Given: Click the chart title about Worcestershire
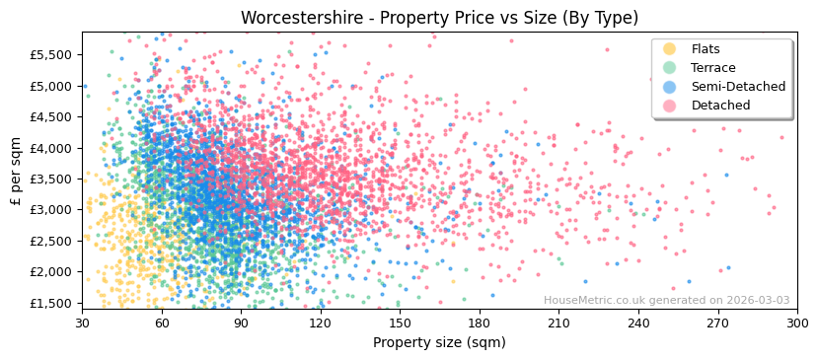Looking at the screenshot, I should pos(439,18).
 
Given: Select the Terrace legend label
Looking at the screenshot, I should pos(713,68).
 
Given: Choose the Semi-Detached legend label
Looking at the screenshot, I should pos(738,87).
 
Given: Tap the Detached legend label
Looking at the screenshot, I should pos(719,106).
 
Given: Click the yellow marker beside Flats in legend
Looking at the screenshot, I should pos(670,49).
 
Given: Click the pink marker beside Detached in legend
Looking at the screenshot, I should pos(670,106).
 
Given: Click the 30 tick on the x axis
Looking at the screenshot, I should pos(83,323).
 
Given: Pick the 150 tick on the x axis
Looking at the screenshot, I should pos(400,323).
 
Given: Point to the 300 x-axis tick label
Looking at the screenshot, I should pos(797,323).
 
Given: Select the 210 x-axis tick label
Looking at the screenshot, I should pos(558,323).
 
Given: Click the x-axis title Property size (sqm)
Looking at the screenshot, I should pos(439,343).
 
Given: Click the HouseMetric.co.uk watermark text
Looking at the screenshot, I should pos(666,301).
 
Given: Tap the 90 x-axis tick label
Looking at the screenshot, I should pos(241,323).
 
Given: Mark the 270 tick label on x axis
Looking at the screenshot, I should pos(717,323).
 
